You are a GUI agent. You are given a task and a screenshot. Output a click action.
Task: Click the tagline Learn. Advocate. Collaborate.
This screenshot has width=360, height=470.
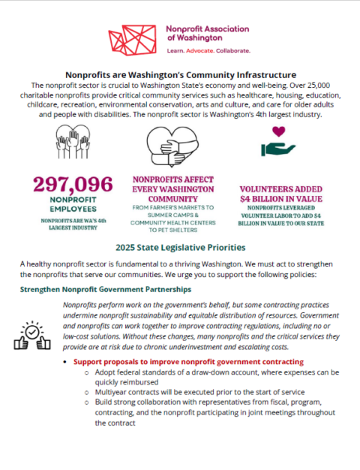click(208, 51)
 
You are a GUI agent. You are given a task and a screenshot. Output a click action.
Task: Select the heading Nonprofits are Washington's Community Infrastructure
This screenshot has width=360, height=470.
click(180, 74)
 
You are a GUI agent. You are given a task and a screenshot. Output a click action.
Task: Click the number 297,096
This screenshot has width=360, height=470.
click(72, 185)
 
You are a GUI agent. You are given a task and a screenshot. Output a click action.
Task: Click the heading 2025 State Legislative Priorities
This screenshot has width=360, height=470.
click(179, 247)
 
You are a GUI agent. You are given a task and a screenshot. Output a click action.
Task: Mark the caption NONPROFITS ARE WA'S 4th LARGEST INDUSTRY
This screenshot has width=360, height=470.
click(72, 223)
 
